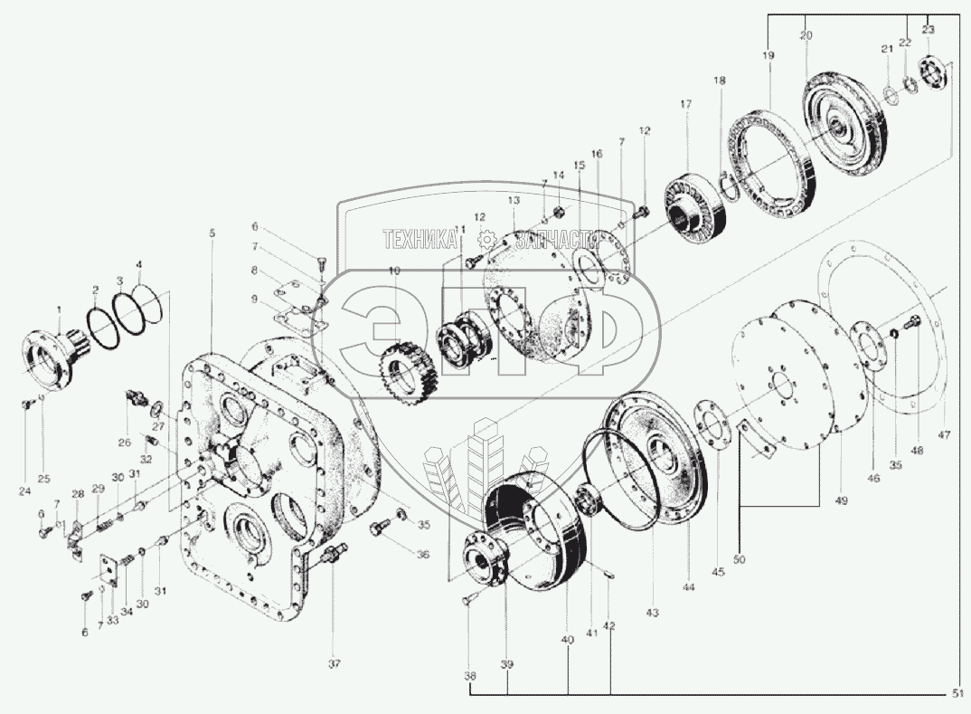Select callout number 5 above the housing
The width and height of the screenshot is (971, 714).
click(212, 233)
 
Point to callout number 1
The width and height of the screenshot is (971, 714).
click(60, 309)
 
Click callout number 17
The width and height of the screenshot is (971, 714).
click(685, 105)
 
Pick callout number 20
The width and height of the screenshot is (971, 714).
click(806, 35)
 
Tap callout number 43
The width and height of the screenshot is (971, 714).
click(653, 613)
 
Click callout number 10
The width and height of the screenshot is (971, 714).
click(394, 271)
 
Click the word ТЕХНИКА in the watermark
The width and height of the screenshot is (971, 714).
click(421, 239)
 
